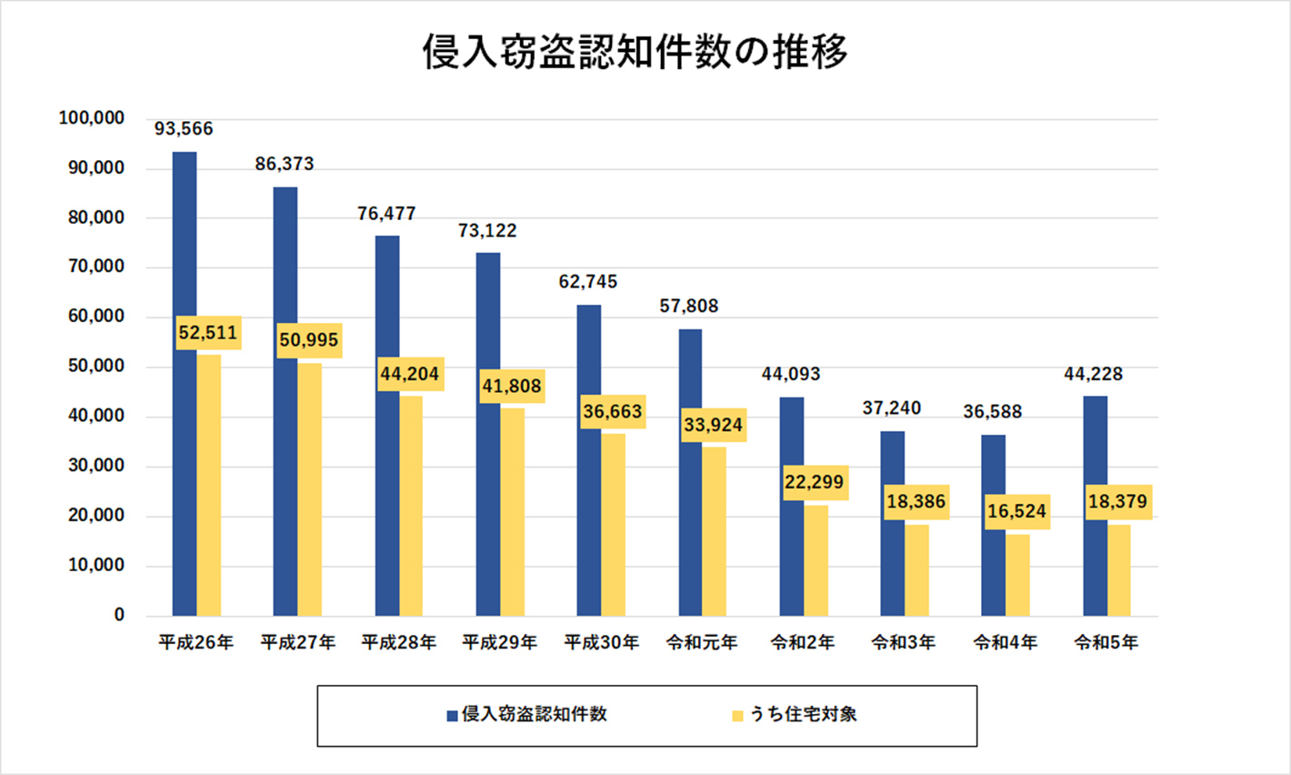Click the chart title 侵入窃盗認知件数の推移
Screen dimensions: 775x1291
tap(635, 52)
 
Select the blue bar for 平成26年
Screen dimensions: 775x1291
tap(185, 382)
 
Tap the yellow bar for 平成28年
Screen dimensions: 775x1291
tap(411, 505)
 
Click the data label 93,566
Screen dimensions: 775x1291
tap(184, 129)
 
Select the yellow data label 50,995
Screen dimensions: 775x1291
tap(309, 340)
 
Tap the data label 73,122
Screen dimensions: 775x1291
tap(487, 231)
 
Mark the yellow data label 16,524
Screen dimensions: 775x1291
tap(1017, 511)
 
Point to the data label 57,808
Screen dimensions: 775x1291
tap(689, 307)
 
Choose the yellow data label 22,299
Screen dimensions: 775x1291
tap(815, 482)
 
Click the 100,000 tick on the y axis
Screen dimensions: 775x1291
tap(91, 118)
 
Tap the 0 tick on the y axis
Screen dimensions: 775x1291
tap(119, 615)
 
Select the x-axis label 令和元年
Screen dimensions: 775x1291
tap(701, 642)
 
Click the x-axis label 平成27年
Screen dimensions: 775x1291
tap(297, 642)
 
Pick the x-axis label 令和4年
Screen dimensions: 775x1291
tap(1005, 642)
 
